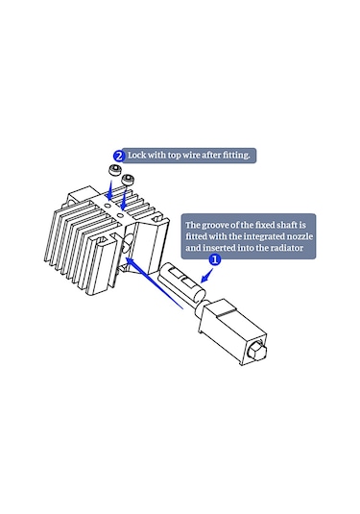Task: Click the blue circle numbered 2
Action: (119, 156)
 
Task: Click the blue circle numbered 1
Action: (215, 260)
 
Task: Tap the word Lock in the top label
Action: (136, 155)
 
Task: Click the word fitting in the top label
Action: (235, 155)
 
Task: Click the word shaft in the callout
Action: (287, 225)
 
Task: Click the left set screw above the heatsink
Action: (114, 170)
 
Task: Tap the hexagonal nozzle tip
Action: (258, 350)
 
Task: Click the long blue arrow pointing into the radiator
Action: (155, 283)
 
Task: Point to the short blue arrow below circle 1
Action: (206, 276)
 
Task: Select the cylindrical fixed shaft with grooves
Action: (182, 281)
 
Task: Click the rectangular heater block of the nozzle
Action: (232, 331)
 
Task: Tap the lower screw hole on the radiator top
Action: (120, 216)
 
